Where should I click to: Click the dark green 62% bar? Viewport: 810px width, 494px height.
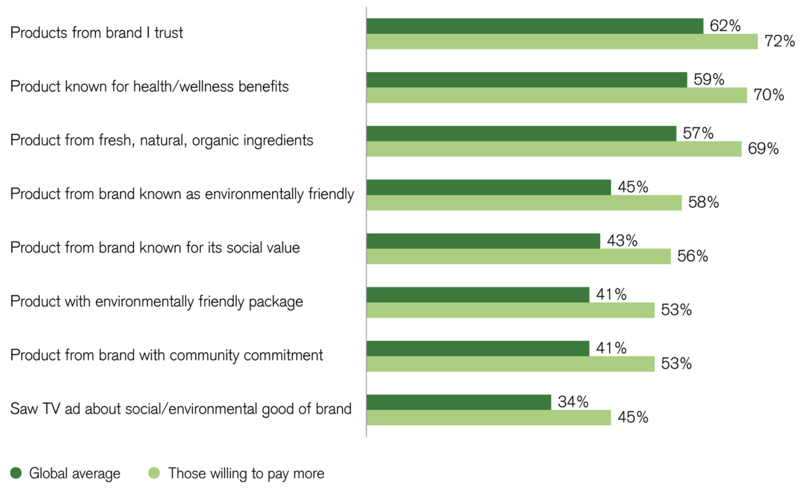[535, 26]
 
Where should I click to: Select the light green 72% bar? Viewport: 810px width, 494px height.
[562, 42]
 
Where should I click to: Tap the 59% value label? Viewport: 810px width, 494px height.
[709, 79]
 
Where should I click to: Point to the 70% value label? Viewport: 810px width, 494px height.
[769, 95]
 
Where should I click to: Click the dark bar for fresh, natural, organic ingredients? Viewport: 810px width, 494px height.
[521, 134]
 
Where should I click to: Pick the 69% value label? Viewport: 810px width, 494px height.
[763, 149]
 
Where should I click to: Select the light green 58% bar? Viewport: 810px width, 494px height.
[524, 202]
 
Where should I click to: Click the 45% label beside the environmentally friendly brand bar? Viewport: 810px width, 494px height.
[633, 187]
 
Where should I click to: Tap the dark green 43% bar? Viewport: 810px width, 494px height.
[483, 241]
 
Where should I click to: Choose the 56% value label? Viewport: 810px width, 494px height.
[692, 256]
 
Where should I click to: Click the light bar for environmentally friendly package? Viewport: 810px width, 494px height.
[510, 310]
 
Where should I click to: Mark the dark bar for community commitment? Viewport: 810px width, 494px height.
[478, 348]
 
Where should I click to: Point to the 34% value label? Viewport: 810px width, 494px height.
[573, 402]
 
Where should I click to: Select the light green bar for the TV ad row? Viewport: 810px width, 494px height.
[488, 417]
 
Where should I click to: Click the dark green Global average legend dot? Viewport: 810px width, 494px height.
[16, 473]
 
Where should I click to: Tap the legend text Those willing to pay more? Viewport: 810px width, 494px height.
[246, 473]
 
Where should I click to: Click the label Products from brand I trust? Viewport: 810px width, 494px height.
[97, 33]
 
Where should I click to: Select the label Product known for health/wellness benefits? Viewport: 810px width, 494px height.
[149, 86]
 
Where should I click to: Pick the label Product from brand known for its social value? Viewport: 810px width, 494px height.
[155, 248]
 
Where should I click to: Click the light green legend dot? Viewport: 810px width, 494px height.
[154, 473]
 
